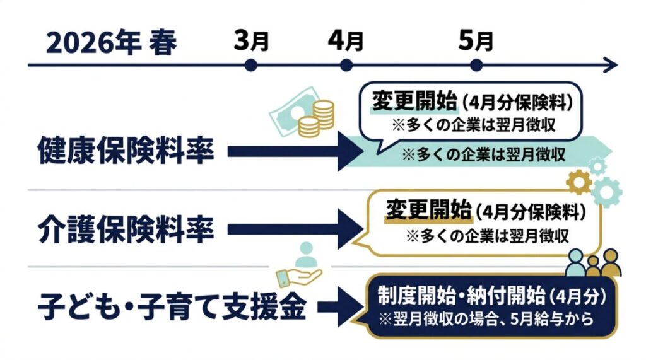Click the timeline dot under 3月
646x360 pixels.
click(x=251, y=64)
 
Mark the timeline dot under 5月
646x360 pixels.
click(x=476, y=64)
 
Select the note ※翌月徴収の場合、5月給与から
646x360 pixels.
click(x=486, y=319)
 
